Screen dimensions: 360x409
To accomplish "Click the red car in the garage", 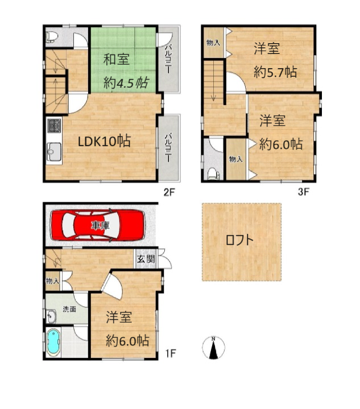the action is point(98,225).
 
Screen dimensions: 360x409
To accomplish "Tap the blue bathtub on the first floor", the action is point(53,343).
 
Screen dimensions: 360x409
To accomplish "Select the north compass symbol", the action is point(213,348).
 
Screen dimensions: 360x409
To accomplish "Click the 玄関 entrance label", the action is point(146,259).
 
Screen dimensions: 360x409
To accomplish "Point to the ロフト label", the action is point(239,240).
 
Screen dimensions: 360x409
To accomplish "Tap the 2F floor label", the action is point(169,192).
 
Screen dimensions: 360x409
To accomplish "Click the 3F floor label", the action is point(304,192).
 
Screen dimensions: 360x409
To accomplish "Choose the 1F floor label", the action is point(171,353).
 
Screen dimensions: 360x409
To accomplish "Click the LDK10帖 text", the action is point(105,141).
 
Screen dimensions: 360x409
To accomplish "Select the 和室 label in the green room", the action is point(117,59).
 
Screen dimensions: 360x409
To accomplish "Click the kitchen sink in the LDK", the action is point(54,152).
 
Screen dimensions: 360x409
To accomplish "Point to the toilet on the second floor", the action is point(51,37).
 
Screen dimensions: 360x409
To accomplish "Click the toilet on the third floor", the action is point(214,174).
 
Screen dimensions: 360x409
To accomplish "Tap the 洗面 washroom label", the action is point(69,309).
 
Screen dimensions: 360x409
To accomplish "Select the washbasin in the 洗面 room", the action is point(51,316).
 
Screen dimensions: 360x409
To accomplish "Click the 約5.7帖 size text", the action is point(275,72).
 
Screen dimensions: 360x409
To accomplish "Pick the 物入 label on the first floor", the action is point(52,281).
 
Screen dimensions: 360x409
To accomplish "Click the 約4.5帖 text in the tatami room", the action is point(126,83).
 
